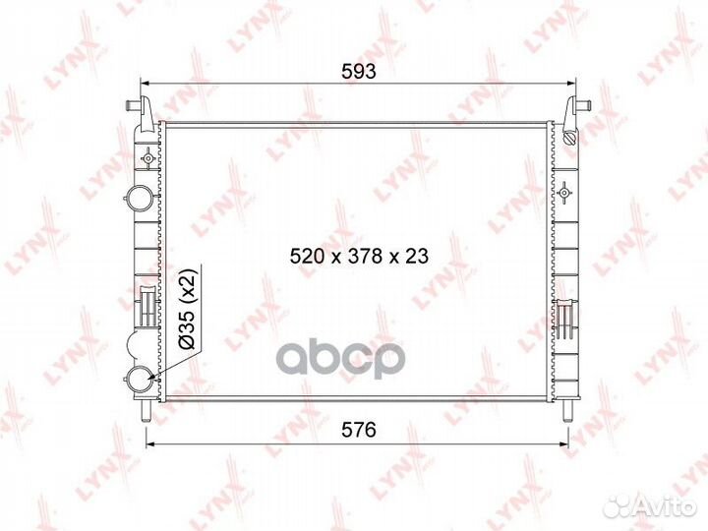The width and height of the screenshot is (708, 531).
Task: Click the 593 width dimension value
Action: tap(359, 72)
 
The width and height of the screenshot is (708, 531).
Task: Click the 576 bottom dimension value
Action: tap(359, 430)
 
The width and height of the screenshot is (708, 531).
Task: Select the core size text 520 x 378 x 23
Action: tap(359, 256)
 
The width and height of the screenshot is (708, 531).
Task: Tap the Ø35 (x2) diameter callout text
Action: tap(188, 309)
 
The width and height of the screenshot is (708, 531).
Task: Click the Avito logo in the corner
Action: tap(649, 505)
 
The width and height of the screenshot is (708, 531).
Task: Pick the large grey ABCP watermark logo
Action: tap(341, 360)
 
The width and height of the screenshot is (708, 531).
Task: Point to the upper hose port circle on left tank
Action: tap(139, 198)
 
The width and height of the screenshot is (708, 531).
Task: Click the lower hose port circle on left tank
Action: tap(139, 379)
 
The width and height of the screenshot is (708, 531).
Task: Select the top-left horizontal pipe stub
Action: tap(134, 105)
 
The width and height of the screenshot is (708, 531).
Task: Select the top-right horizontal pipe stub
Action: tap(586, 105)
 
